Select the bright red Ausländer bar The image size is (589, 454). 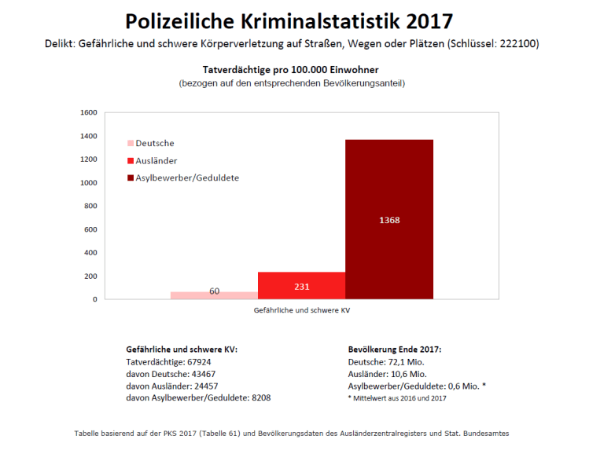302,285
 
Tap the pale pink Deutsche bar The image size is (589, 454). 214,295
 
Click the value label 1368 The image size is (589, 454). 389,220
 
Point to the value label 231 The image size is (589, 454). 302,287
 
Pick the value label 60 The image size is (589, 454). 214,291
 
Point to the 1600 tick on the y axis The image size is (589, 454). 89,113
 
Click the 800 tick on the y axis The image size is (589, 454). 91,206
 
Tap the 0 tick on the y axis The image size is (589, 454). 94,299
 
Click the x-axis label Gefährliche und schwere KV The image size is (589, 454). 301,311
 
